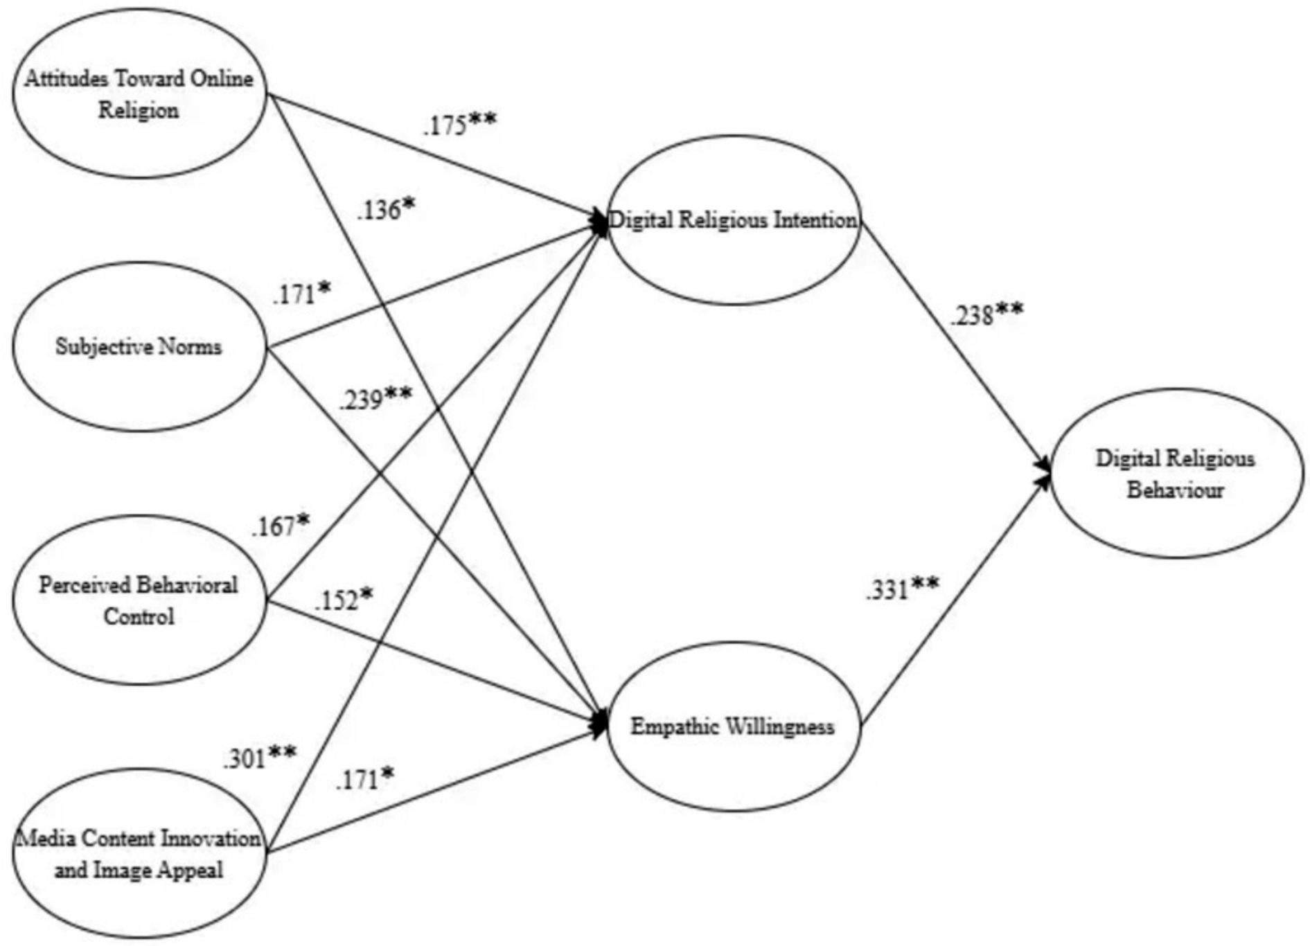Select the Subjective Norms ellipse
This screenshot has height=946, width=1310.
pyautogui.click(x=139, y=346)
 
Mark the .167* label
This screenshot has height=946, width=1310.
pyautogui.click(x=281, y=526)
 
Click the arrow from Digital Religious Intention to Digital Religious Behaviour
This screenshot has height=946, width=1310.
pyautogui.click(x=956, y=346)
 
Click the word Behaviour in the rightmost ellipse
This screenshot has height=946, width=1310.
pyautogui.click(x=1176, y=490)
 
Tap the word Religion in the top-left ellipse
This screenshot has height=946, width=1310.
pyautogui.click(x=139, y=109)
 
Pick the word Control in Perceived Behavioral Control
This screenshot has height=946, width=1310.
pyautogui.click(x=139, y=616)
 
